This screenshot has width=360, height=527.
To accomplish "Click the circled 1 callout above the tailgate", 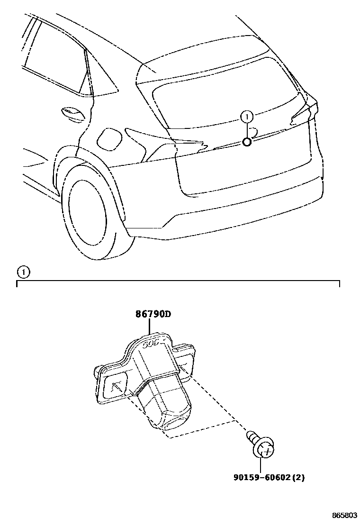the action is click(247, 116).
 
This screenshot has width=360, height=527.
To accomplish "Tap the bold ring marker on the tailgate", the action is click(247, 141).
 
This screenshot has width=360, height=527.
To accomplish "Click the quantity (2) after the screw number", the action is click(297, 477).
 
